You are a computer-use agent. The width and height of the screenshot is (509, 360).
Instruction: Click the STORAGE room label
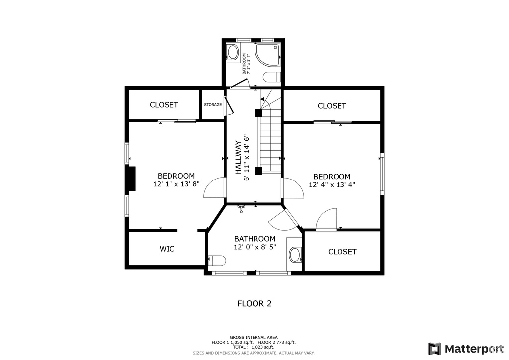213,105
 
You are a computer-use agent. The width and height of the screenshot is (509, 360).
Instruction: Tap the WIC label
167,249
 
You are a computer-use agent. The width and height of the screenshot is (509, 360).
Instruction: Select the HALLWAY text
238,158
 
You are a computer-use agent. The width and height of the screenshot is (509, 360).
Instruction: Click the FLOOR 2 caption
254,304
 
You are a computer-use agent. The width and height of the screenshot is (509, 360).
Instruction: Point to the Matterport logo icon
434,349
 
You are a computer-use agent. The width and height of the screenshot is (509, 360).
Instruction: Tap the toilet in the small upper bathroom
271,77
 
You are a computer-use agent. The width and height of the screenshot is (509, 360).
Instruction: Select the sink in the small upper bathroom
233,52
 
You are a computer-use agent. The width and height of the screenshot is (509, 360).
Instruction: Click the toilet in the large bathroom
217,261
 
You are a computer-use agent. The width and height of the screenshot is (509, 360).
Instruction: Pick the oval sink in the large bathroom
295,255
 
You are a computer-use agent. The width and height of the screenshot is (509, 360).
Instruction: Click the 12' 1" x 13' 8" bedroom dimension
176,184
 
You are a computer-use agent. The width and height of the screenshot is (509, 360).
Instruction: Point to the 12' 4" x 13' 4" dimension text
332,185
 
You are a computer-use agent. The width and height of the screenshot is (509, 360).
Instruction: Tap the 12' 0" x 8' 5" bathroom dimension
255,247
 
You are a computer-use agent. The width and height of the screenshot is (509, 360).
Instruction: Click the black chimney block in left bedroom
131,179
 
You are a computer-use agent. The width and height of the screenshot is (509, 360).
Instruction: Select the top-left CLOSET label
164,105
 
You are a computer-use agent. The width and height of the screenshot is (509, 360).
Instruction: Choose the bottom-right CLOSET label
342,252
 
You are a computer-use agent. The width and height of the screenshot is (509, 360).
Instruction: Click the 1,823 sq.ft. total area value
263,347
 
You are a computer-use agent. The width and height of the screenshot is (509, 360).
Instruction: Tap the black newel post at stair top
258,113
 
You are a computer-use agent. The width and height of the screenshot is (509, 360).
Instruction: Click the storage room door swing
229,105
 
